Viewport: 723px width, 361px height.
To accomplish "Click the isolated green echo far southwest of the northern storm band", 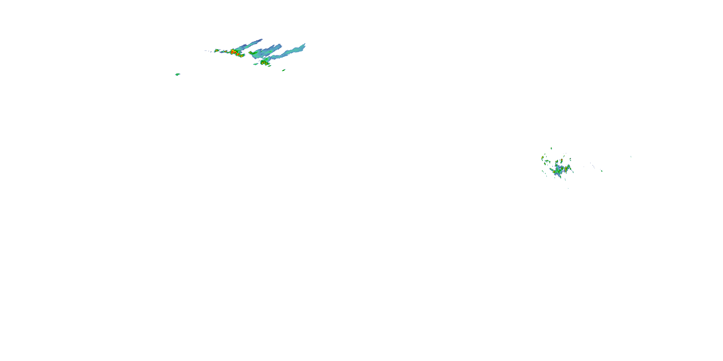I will pos(177,74).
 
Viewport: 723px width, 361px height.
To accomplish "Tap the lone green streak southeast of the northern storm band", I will pos(284,70).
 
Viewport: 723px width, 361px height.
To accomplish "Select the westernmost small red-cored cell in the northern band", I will pos(216,51).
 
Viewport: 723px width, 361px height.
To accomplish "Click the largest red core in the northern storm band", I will pos(233,52).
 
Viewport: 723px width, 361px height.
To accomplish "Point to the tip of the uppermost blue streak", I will pos(261,39).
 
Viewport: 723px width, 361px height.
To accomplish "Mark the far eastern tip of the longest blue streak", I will pos(305,44).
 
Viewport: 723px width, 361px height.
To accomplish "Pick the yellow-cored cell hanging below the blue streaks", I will pos(264,63).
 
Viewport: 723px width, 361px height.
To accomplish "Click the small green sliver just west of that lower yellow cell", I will pos(255,64).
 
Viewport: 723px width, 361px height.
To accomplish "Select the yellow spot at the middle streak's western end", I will pos(250,52).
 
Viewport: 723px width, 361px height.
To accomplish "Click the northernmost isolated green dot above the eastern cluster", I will pos(551,148).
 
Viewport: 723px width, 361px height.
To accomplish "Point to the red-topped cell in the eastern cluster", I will pos(562,161).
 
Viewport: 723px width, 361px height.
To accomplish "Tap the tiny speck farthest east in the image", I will pos(631,157).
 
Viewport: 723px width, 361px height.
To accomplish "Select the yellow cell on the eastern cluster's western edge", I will pos(542,159).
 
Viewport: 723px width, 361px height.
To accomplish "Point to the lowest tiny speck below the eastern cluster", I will pos(568,188).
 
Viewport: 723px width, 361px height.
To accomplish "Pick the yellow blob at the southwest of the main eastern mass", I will pos(554,172).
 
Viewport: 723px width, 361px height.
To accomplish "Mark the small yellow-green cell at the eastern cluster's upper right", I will pos(570,159).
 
